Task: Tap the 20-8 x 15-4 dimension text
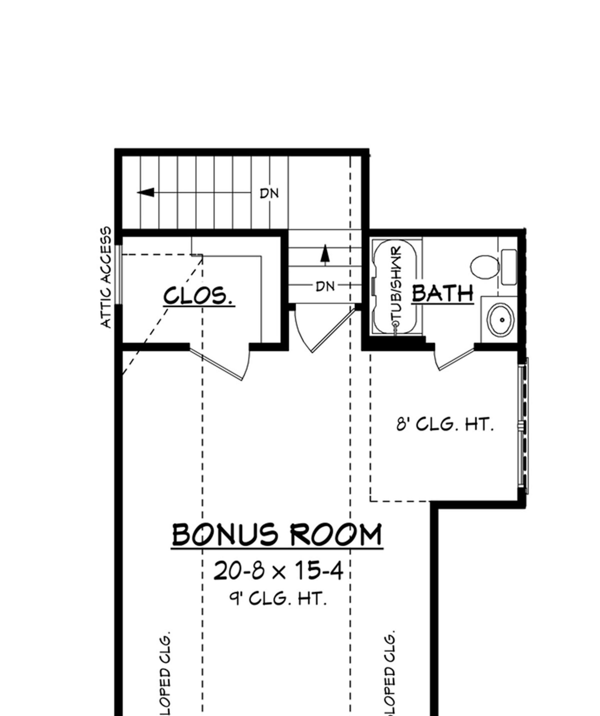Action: pyautogui.click(x=278, y=571)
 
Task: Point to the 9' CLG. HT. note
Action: pyautogui.click(x=278, y=599)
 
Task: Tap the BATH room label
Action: pyautogui.click(x=442, y=293)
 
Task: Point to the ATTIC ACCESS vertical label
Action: pyautogui.click(x=106, y=277)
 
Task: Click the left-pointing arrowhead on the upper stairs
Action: pyautogui.click(x=146, y=193)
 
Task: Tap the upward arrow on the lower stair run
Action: pyautogui.click(x=325, y=254)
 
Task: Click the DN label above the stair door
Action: pyautogui.click(x=325, y=287)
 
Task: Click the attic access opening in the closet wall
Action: pyautogui.click(x=118, y=274)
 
